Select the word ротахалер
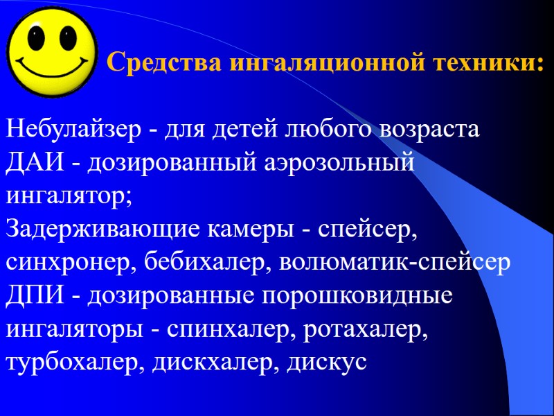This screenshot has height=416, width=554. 368,330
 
